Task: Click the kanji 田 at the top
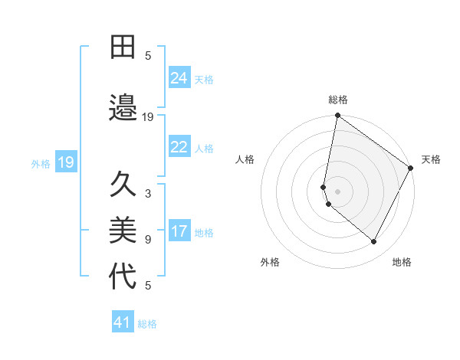[x=123, y=48]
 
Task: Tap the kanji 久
[x=123, y=185]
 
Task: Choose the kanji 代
[x=123, y=277]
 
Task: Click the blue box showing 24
[x=179, y=78]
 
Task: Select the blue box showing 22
[x=179, y=148]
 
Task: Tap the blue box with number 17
[x=179, y=232]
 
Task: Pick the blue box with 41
[x=123, y=323]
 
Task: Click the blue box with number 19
[x=65, y=162]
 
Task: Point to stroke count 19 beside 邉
[x=148, y=117]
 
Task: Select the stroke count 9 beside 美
[x=148, y=240]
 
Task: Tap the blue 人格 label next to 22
[x=204, y=149]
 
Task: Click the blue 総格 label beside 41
[x=147, y=324]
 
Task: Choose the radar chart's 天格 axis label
[x=431, y=159]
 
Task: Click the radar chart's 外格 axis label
[x=270, y=262]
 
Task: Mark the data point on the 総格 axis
[x=337, y=116]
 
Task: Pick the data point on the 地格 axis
[x=374, y=242]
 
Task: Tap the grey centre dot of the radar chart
[x=337, y=191]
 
